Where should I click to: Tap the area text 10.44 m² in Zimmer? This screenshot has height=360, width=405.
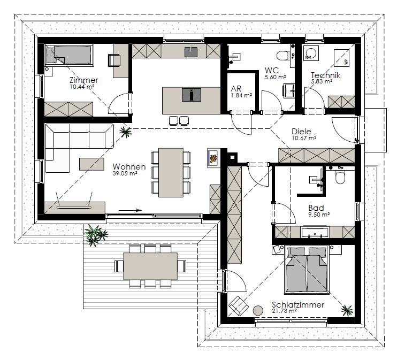(x=82, y=87)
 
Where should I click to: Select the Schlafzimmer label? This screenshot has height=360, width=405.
(x=298, y=305)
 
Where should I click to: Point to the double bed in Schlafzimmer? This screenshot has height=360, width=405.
(x=307, y=270)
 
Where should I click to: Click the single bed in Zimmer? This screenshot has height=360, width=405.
(x=69, y=54)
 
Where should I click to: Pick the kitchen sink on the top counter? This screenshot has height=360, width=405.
(x=191, y=52)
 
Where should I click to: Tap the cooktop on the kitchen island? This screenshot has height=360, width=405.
(x=192, y=95)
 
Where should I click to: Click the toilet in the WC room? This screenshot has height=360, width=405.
(x=283, y=55)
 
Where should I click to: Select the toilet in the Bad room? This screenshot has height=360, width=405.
(x=340, y=177)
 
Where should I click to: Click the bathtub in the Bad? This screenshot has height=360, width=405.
(x=315, y=232)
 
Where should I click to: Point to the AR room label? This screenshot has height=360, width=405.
(x=236, y=89)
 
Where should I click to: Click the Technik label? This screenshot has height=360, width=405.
(x=325, y=75)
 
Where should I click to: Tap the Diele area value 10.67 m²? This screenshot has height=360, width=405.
(x=304, y=138)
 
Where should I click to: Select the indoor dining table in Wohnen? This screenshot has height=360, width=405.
(x=171, y=172)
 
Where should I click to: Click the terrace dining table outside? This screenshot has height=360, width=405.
(x=150, y=266)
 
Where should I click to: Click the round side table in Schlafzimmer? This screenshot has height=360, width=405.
(x=258, y=310)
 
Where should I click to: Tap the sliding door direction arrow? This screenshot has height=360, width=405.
(x=130, y=210)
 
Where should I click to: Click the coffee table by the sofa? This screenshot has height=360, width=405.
(x=91, y=164)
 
